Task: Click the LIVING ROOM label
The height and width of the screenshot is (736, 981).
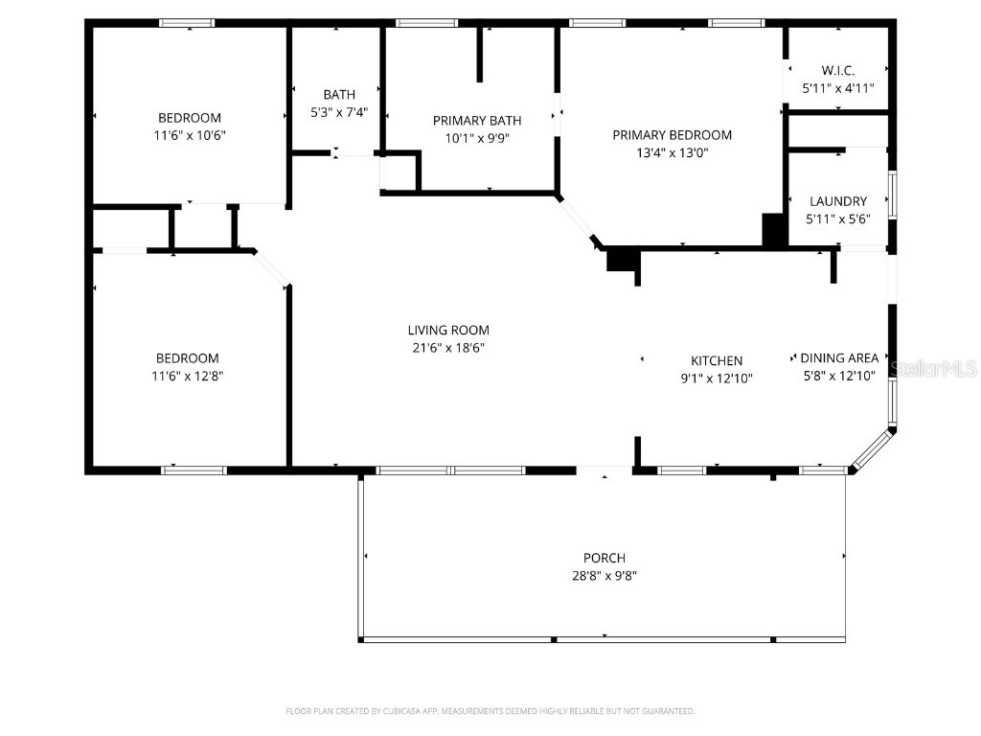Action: [x=445, y=330]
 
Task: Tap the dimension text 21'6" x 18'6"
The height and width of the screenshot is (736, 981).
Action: [x=445, y=348]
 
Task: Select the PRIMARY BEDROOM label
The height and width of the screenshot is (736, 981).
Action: [x=672, y=135]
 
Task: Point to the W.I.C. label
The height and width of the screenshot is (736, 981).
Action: [x=837, y=70]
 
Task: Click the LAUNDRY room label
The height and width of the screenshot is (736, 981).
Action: [x=837, y=201]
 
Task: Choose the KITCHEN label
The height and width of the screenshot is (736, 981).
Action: [x=717, y=360]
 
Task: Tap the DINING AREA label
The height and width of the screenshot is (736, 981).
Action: [x=839, y=358]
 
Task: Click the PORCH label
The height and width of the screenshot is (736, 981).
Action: [x=604, y=558]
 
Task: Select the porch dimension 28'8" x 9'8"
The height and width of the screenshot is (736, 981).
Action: [x=604, y=576]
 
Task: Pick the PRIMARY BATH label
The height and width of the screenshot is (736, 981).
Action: [x=477, y=121]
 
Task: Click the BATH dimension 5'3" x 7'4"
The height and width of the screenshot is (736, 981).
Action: [x=339, y=112]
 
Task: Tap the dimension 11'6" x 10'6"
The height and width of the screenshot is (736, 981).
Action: [x=190, y=135]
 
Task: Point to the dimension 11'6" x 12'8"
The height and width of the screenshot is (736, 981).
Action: [x=189, y=376]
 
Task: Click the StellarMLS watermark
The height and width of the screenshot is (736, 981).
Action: [x=933, y=368]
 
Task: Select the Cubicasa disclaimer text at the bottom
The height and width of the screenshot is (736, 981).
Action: [x=490, y=711]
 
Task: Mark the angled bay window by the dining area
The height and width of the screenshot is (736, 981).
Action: [x=873, y=450]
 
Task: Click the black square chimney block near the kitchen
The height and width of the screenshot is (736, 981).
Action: [x=622, y=259]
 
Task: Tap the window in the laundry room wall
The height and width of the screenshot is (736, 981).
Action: [x=893, y=195]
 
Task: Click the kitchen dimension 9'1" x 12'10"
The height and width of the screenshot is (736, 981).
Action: [x=717, y=379]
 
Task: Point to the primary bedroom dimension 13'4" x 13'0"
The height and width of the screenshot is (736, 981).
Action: [x=672, y=152]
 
